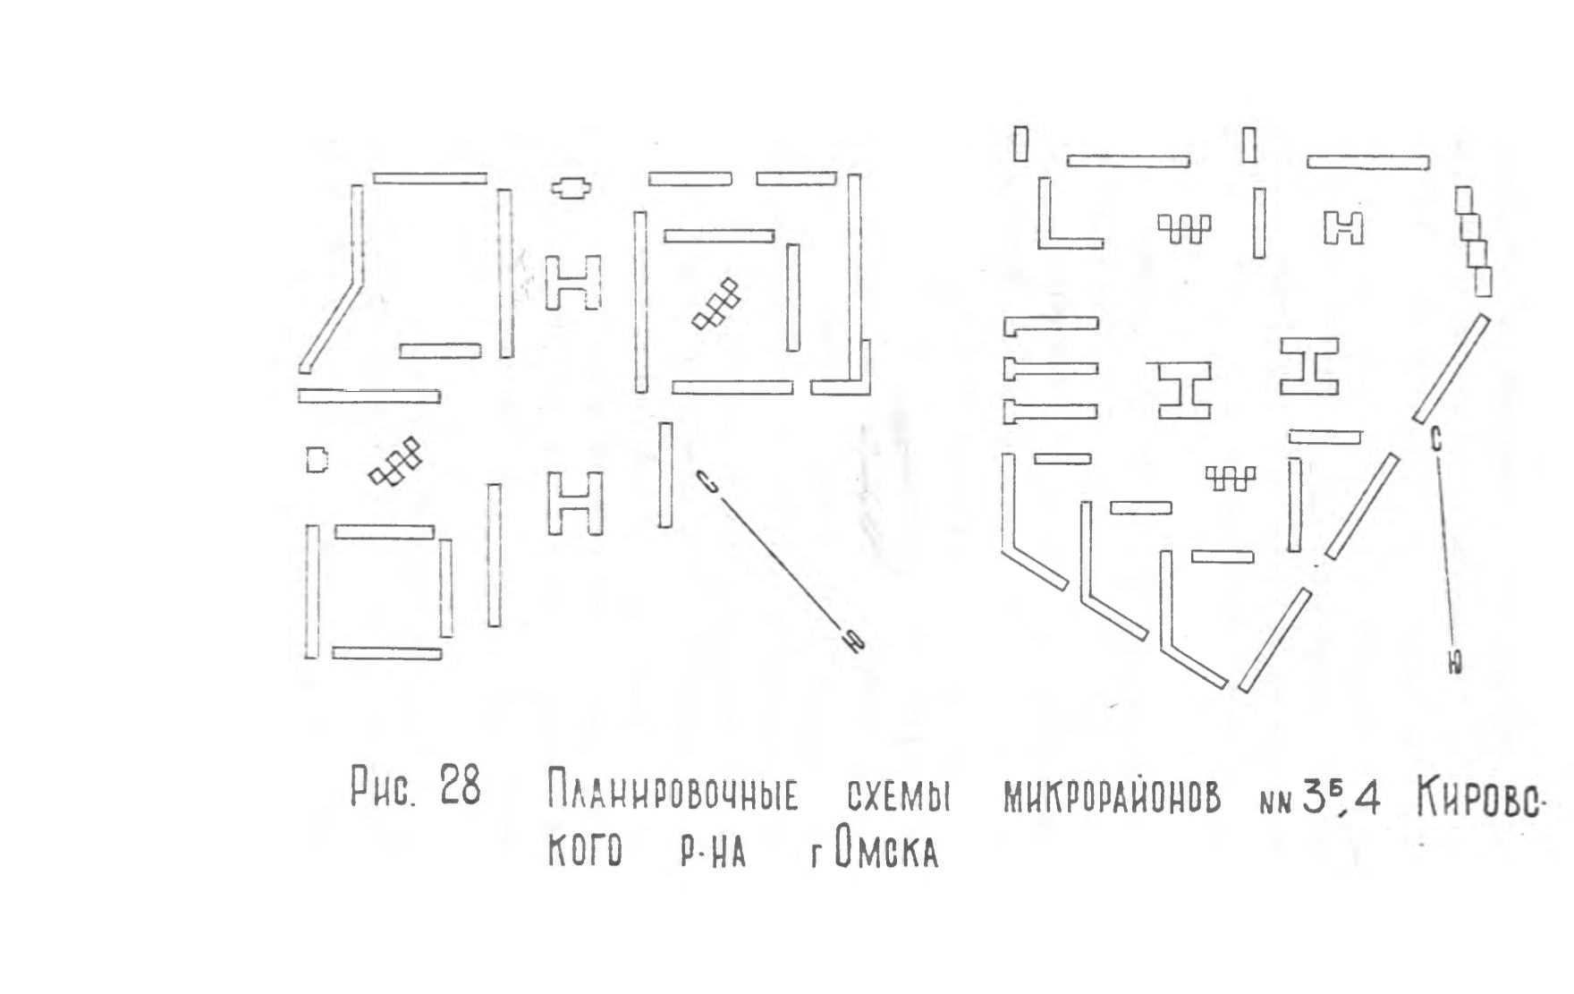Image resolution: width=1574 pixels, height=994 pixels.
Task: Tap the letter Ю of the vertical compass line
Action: point(1455,662)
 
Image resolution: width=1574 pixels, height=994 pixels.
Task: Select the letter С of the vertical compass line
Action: point(1435,439)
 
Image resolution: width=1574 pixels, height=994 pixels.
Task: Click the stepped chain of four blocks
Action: point(1472,242)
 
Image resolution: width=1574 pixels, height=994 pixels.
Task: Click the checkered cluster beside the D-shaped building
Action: point(396,461)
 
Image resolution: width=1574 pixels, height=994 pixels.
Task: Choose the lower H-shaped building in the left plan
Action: point(574,503)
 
